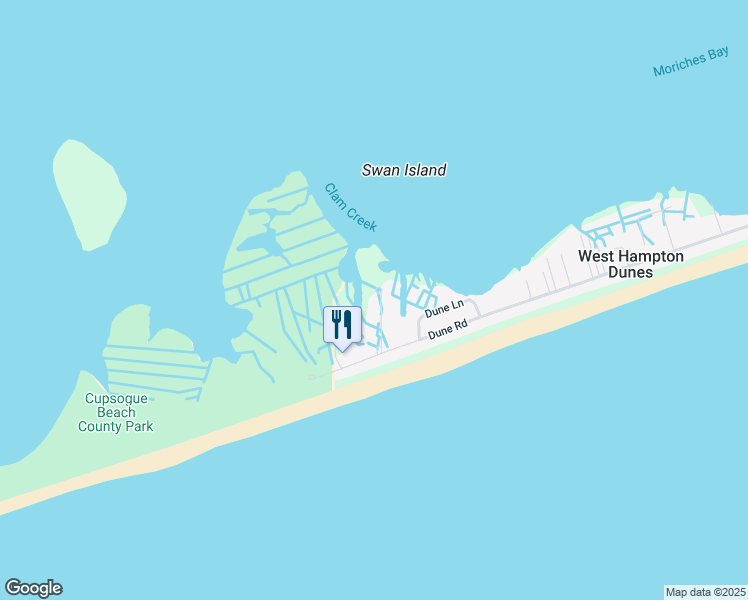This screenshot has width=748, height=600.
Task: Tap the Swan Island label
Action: tap(403, 170)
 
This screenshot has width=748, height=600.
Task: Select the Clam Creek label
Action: tap(350, 207)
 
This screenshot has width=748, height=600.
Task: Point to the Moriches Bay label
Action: tap(691, 62)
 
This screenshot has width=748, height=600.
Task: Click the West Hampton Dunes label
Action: tap(631, 264)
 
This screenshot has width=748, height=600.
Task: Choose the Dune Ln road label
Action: tap(445, 309)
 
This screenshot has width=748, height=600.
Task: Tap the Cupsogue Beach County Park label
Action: tap(118, 412)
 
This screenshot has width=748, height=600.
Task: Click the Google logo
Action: tap(33, 588)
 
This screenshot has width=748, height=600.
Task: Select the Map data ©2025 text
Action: tap(706, 591)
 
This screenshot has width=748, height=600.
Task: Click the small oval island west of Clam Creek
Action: tap(89, 194)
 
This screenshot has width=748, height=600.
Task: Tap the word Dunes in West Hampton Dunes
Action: tap(631, 272)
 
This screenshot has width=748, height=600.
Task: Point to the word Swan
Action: tap(379, 170)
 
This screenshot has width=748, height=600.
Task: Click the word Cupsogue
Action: tap(118, 398)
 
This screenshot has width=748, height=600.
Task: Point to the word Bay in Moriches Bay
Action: tap(718, 55)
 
